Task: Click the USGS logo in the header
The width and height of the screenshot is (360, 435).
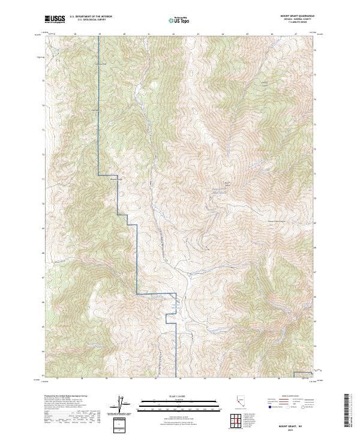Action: click(55, 19)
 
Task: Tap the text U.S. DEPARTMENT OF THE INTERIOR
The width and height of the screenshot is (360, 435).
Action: click(91, 17)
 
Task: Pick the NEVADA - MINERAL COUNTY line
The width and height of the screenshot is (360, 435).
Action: click(301, 20)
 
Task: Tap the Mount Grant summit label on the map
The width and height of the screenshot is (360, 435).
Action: click(227, 183)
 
